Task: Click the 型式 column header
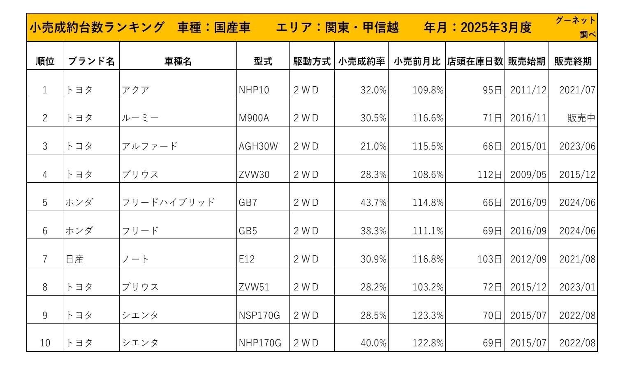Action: [263, 62]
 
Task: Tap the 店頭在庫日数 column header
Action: [475, 62]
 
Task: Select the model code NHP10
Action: [254, 90]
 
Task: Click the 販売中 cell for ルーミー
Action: [581, 118]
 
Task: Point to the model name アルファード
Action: [150, 147]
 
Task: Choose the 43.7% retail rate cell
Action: [373, 203]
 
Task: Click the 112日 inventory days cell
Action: [490, 175]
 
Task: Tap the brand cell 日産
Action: [75, 259]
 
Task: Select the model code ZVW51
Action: [254, 287]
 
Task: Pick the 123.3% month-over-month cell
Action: [428, 316]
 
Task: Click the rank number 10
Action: [45, 343]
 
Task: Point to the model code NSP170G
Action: [259, 316]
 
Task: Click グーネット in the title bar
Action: [575, 20]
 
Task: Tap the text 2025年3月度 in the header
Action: [496, 28]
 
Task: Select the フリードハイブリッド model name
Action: [169, 203]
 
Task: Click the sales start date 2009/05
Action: [528, 175]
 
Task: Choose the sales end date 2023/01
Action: [577, 287]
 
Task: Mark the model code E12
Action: [247, 259]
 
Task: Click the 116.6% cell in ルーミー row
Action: [428, 118]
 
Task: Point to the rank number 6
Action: [45, 231]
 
